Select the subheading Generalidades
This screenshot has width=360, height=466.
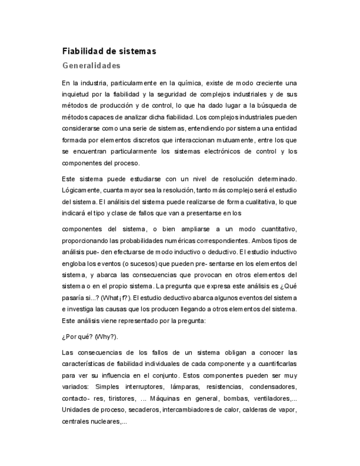(x=91, y=66)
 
